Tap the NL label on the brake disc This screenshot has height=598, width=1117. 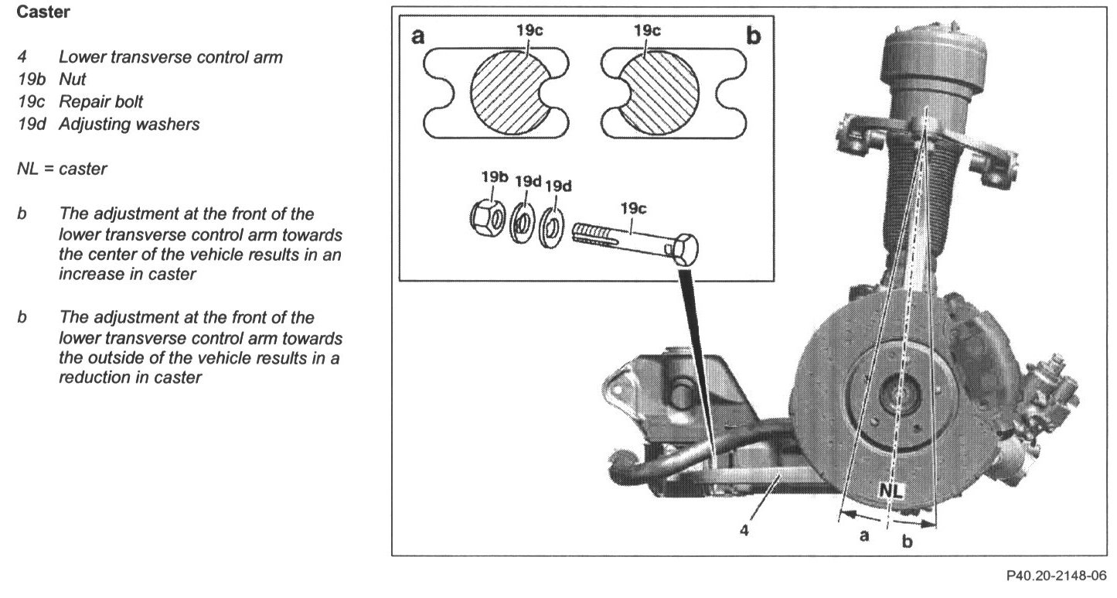891,490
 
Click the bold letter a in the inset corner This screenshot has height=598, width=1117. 418,35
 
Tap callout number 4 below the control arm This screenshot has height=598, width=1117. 745,531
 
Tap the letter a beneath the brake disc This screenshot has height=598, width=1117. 866,535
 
